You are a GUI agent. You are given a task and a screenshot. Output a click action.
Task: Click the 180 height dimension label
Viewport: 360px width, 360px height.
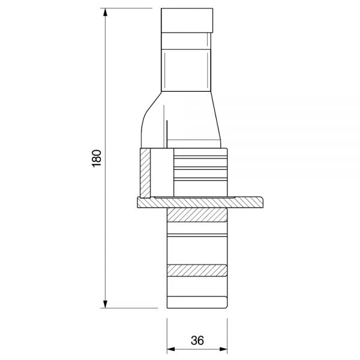[97, 158]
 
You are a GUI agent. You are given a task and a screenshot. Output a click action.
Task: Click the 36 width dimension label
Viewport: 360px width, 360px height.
[197, 340]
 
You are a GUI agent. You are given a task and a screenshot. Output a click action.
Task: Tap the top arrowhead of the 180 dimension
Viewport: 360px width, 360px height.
[105, 12]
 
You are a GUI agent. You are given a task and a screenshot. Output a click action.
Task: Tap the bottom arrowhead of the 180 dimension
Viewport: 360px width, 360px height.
[105, 304]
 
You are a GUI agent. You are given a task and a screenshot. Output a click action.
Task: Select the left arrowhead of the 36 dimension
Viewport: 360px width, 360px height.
[171, 349]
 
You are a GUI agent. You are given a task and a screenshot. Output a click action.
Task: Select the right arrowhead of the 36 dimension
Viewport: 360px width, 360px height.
[223, 349]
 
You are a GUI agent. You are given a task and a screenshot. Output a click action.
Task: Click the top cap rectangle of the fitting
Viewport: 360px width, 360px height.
[187, 20]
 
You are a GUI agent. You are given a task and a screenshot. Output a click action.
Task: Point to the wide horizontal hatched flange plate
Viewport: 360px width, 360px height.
[200, 203]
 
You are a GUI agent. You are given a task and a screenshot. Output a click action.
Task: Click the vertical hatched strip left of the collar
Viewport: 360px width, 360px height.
[145, 173]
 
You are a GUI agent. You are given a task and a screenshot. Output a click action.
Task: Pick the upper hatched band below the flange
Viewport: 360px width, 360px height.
[197, 215]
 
